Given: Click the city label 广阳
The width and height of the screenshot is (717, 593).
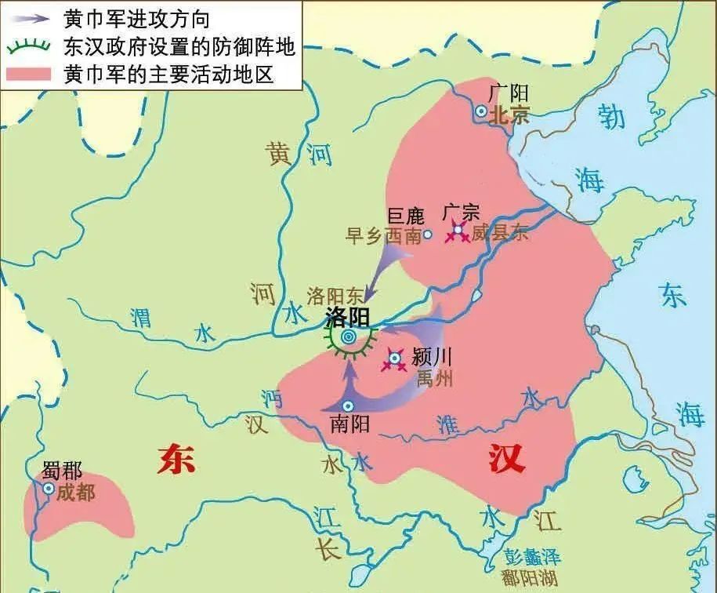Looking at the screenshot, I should [x=503, y=93].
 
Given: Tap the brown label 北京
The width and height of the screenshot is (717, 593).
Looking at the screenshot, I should [x=509, y=115].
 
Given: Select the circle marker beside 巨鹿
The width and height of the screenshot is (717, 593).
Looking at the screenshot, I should [x=427, y=234].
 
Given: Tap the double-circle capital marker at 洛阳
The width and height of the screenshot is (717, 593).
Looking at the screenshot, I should [x=349, y=337].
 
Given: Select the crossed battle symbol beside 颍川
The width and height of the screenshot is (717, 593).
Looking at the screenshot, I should [x=394, y=360].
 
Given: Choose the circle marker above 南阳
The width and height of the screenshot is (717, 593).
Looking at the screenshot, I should [x=348, y=406].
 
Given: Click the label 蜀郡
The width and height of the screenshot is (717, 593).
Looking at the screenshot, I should [x=63, y=471].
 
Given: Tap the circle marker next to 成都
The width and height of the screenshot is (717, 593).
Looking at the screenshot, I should [x=49, y=488].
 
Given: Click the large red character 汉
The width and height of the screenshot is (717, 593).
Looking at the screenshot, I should [x=505, y=459].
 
